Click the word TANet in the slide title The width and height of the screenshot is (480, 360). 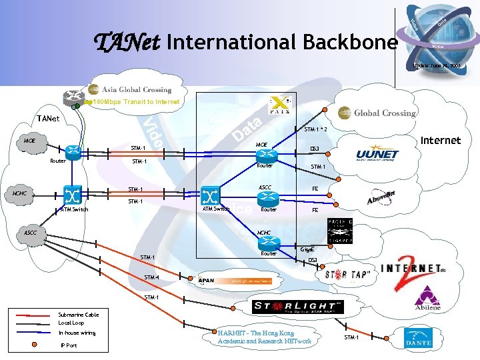127,43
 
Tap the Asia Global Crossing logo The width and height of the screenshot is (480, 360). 129,89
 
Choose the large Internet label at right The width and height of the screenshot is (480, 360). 440,140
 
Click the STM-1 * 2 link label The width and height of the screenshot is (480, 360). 315,129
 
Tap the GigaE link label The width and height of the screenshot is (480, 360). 307,250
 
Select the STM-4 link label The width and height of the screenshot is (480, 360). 151,277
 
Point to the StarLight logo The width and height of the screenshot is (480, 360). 297,307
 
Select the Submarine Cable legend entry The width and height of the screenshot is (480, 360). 78,315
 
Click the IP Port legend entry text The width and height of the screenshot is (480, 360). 69,345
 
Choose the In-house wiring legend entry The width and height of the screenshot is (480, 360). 77,332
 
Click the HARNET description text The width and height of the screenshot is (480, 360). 264,337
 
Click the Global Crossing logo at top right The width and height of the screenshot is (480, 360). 377,113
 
